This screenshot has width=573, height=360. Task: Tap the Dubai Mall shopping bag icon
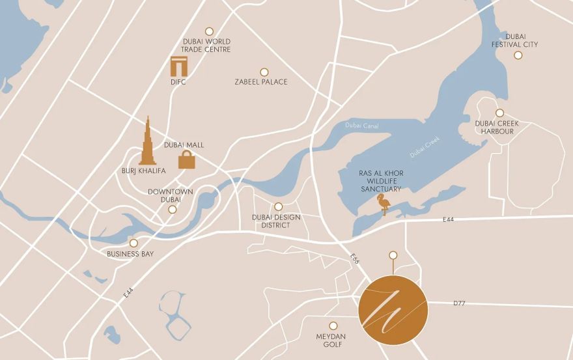187,159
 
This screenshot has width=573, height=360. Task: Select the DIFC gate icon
178,66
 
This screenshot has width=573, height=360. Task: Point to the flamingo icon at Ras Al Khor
384,204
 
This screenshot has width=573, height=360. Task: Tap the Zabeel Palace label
261,82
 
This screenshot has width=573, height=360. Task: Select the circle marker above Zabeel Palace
264,72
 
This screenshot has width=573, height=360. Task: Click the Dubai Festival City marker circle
518,55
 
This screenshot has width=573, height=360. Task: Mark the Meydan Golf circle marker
333,325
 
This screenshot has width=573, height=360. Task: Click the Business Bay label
130,254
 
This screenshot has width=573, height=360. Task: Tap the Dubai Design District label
276,221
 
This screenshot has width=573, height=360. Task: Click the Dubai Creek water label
425,147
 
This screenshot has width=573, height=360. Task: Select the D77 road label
459,303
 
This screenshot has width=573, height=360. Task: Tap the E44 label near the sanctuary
448,220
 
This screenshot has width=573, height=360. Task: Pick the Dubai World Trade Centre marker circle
209,31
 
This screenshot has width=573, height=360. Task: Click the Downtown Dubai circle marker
173,210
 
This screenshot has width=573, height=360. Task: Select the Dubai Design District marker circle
279,206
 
